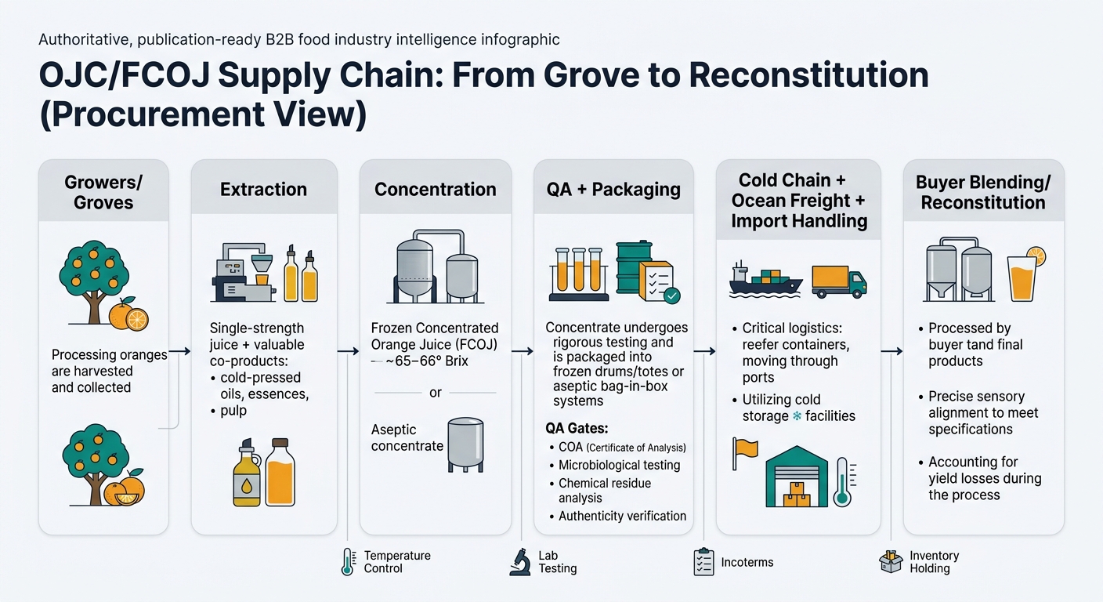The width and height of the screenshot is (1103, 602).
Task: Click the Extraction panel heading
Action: pyautogui.click(x=264, y=189)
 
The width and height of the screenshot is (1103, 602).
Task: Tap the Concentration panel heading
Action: pyautogui.click(x=435, y=189)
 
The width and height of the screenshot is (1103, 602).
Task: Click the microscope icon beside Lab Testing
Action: pyautogui.click(x=519, y=562)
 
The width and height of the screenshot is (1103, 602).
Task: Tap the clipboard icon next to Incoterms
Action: pyautogui.click(x=703, y=562)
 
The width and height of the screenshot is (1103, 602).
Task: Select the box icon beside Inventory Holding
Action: pyautogui.click(x=891, y=562)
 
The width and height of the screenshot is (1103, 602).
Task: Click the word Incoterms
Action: pyautogui.click(x=747, y=562)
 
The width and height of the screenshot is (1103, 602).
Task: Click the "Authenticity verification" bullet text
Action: pyautogui.click(x=623, y=516)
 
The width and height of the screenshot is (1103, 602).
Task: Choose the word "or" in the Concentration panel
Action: pyautogui.click(x=436, y=392)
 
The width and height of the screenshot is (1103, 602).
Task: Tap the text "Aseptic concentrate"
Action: pyautogui.click(x=407, y=437)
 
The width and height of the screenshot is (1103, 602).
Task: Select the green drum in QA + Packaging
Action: pyautogui.click(x=633, y=267)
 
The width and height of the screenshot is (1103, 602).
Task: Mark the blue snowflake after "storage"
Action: pyautogui.click(x=797, y=416)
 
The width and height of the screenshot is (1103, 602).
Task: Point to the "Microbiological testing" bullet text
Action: pyautogui.click(x=619, y=465)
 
